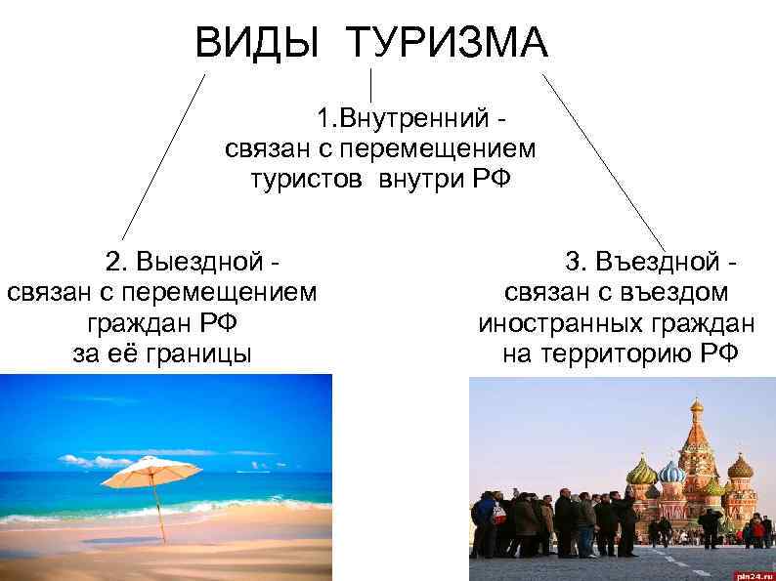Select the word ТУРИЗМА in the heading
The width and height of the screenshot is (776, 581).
pos(448,43)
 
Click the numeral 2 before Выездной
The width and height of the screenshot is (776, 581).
pos(113,261)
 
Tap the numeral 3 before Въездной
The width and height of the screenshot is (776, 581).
pos(573,261)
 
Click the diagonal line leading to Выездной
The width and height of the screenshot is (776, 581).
pos(163,156)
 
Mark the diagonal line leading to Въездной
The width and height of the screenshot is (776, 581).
pos(604,161)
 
